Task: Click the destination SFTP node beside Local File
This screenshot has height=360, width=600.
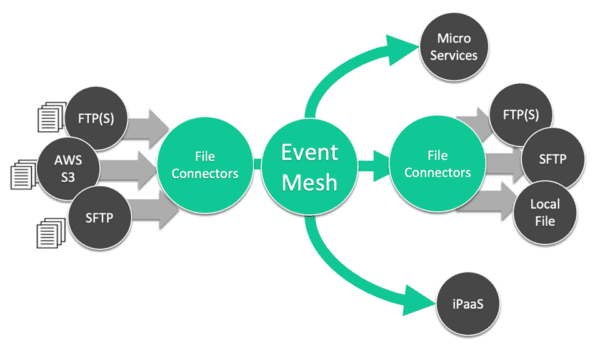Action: (548, 160)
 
